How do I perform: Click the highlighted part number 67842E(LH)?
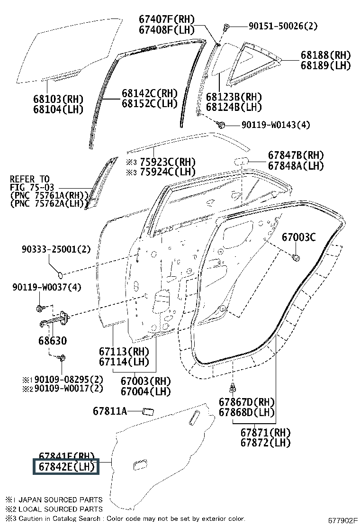(x=65, y=467)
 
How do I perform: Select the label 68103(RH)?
(x=58, y=99)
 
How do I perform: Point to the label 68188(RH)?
(x=325, y=55)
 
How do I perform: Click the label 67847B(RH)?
(x=296, y=155)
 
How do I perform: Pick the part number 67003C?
(x=298, y=237)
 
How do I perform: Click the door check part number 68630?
(x=49, y=341)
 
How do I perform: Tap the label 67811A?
(x=109, y=411)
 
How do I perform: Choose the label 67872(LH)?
(x=265, y=443)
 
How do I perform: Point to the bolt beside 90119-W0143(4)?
(x=221, y=125)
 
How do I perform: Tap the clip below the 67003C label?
(x=296, y=258)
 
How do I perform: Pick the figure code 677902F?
(x=343, y=520)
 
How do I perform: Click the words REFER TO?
(x=29, y=179)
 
